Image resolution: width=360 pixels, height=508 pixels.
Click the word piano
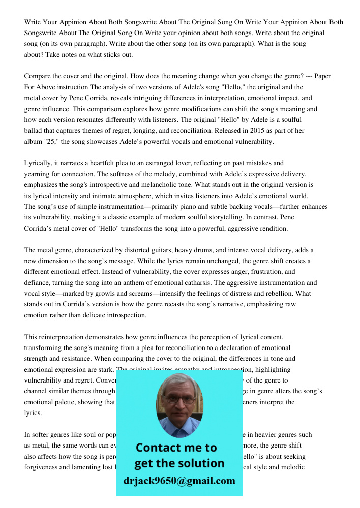point(191,207)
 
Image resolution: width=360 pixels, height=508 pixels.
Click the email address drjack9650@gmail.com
point(179,481)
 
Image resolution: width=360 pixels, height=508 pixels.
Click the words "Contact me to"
point(176,448)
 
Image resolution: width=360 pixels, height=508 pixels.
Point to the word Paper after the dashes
point(322,76)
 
